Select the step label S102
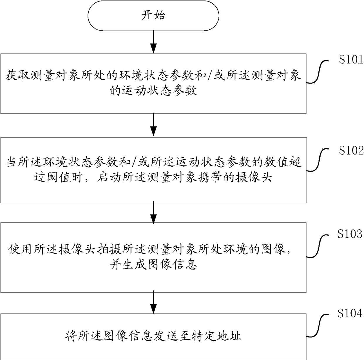click(x=351, y=150)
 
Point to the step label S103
click(x=350, y=234)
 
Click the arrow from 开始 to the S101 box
click(x=154, y=42)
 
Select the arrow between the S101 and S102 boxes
click(x=154, y=125)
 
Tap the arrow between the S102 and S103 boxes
click(x=154, y=212)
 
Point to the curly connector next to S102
click(x=318, y=160)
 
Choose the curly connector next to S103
click(x=318, y=246)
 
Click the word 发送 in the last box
click(x=166, y=336)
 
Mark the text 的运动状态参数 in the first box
click(x=154, y=90)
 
